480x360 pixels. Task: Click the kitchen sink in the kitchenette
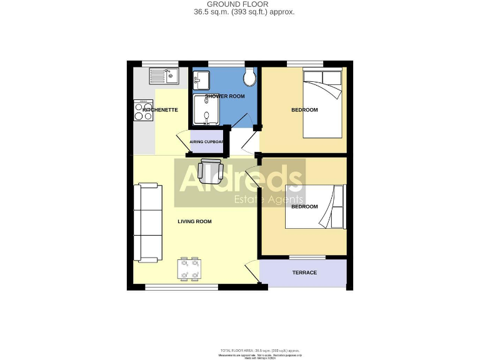coord(164,76)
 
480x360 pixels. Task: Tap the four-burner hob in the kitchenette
coord(143,111)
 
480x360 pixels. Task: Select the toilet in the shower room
coord(251,77)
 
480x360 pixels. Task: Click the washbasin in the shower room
coord(201,79)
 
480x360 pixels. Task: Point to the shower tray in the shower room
coord(203,110)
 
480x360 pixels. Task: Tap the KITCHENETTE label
coord(161,110)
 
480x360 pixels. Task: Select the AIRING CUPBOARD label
coord(207,142)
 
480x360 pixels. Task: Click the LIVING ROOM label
coord(194,221)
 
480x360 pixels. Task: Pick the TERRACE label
coord(304,272)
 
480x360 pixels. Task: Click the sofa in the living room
coord(149,222)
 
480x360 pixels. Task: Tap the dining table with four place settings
coord(189,269)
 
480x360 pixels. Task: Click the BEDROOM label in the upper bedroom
coord(304,110)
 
